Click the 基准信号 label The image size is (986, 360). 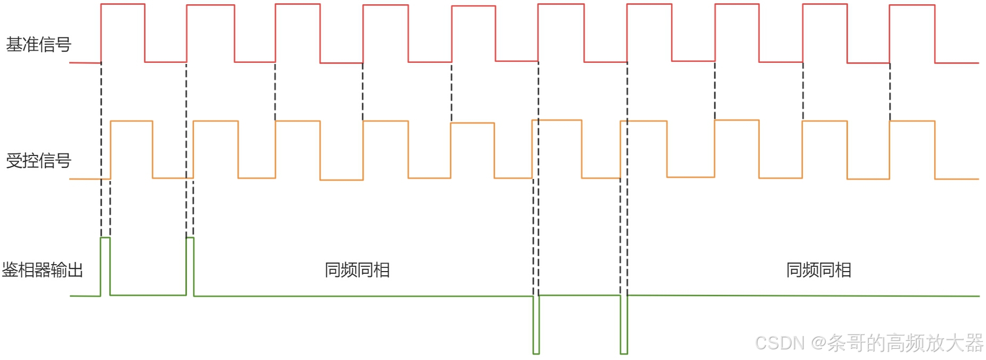[x=38, y=45]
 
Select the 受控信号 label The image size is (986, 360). [x=38, y=160]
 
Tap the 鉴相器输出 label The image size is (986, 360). [x=43, y=270]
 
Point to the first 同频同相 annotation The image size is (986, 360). [x=357, y=270]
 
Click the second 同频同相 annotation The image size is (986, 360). [x=819, y=270]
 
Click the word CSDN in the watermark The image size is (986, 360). [x=779, y=343]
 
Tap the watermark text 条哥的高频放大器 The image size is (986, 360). [x=905, y=343]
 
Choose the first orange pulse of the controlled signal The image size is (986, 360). [x=131, y=150]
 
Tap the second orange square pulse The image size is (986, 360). [x=216, y=150]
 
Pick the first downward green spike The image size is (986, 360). [x=536, y=325]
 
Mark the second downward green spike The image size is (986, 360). [x=624, y=325]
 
